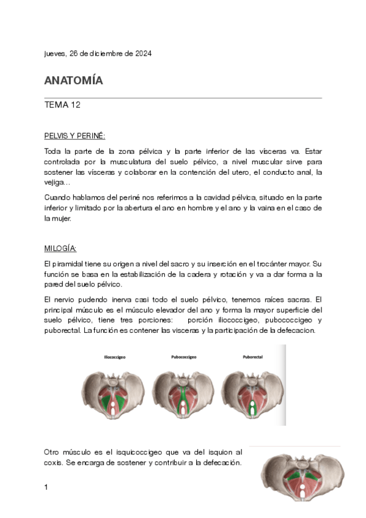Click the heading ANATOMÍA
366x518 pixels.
(74, 81)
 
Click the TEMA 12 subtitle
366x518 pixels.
(63, 105)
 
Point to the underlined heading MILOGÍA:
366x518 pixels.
(60, 249)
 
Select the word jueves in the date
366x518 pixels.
(53, 54)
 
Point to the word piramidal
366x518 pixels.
(70, 263)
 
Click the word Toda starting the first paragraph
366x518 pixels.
(54, 150)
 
